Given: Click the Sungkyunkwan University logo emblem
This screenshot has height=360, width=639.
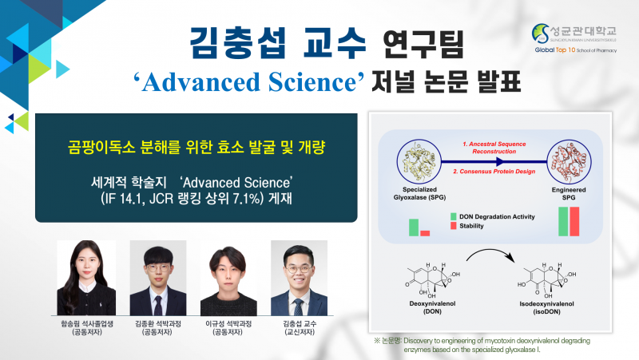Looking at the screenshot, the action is tap(541, 34).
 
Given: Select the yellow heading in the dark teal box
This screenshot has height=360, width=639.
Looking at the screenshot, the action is tap(196, 147).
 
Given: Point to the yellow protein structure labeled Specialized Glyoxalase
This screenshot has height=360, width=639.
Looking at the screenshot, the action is tap(419, 162).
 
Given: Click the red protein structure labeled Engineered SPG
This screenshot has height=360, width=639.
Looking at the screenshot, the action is tap(569, 162).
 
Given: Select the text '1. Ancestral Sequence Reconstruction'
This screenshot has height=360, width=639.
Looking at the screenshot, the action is tap(494, 148).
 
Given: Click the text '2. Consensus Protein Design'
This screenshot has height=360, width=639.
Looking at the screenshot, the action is tap(494, 172).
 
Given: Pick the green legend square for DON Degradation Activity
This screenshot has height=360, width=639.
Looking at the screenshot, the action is tap(453, 216).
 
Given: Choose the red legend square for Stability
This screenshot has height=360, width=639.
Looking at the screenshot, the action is tap(453, 226).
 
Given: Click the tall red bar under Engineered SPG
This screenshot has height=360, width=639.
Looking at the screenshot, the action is tap(574, 222).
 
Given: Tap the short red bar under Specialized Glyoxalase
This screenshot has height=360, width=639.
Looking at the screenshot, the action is tap(425, 233).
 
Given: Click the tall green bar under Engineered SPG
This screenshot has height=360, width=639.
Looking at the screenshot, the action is tap(563, 222).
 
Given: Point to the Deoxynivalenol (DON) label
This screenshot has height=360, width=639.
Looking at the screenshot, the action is tap(432, 307).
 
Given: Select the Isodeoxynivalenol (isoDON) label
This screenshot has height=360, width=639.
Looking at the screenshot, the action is tap(546, 308).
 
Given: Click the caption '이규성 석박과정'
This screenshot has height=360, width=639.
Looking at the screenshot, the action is tap(228, 324).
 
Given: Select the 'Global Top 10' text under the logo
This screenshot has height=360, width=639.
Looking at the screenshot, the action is tap(554, 49).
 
